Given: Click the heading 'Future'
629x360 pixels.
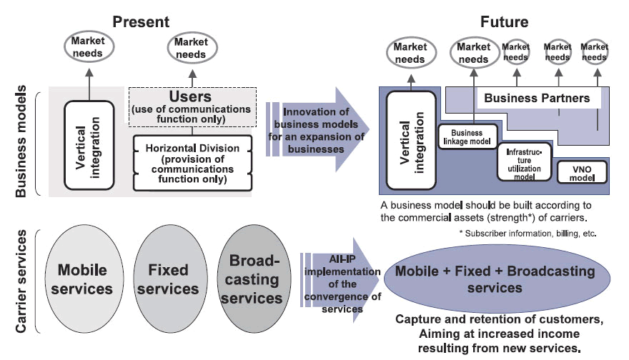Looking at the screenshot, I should (504, 21).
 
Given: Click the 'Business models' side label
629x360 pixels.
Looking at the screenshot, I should (21, 142).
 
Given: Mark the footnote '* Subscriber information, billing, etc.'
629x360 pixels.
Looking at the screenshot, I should (528, 234).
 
